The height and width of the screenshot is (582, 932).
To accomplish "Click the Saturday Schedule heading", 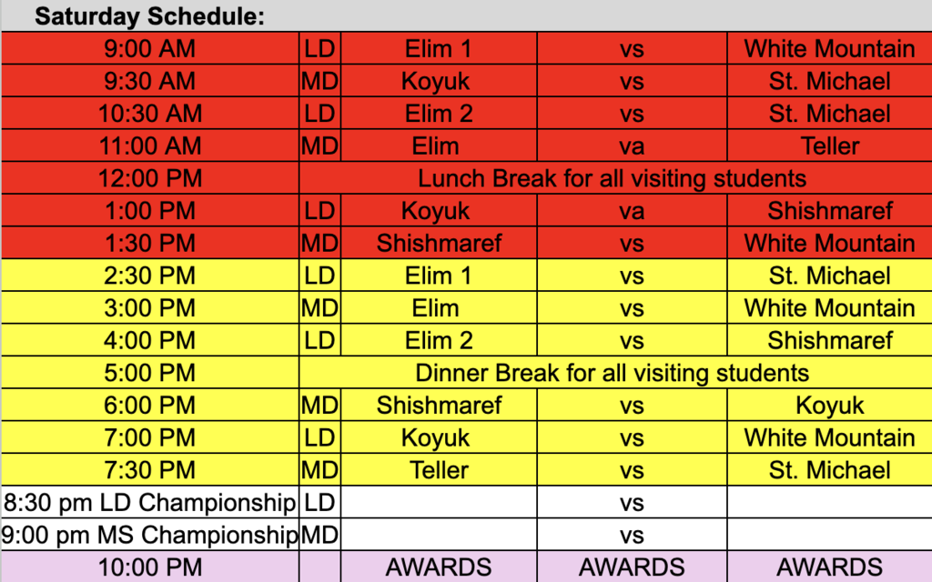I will pyautogui.click(x=149, y=16).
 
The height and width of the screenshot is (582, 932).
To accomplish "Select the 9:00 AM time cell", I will pyautogui.click(x=151, y=48).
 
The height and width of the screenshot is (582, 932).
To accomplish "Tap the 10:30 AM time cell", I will pyautogui.click(x=151, y=114).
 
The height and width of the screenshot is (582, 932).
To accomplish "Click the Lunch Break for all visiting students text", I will pyautogui.click(x=612, y=178).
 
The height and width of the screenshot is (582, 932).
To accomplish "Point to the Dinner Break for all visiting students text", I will pyautogui.click(x=612, y=373).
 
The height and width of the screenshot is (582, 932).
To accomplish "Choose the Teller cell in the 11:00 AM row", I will pyautogui.click(x=829, y=145).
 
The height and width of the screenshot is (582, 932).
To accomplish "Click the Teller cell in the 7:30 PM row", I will pyautogui.click(x=439, y=471).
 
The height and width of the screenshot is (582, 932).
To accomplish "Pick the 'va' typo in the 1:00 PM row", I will pyautogui.click(x=632, y=211).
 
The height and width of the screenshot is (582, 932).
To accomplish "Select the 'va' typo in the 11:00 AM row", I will pyautogui.click(x=632, y=145).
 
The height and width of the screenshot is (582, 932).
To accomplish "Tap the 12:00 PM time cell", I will pyautogui.click(x=151, y=178).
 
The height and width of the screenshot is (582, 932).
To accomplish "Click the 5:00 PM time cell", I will pyautogui.click(x=151, y=373).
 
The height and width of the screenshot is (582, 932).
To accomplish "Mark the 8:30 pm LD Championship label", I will pyautogui.click(x=150, y=503).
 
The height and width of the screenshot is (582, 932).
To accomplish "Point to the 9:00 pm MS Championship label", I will pyautogui.click(x=150, y=536).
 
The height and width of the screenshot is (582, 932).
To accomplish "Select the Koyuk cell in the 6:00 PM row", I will pyautogui.click(x=829, y=406).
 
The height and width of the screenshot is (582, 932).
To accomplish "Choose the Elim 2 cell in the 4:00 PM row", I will pyautogui.click(x=439, y=341).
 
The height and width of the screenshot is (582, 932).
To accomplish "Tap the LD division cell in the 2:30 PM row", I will pyautogui.click(x=319, y=276).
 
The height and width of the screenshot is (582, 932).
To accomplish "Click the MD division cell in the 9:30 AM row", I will pyautogui.click(x=319, y=81).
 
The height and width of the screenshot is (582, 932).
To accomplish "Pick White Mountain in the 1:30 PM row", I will pyautogui.click(x=829, y=244).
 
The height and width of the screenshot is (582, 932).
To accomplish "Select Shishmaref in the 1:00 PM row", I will pyautogui.click(x=829, y=211).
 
